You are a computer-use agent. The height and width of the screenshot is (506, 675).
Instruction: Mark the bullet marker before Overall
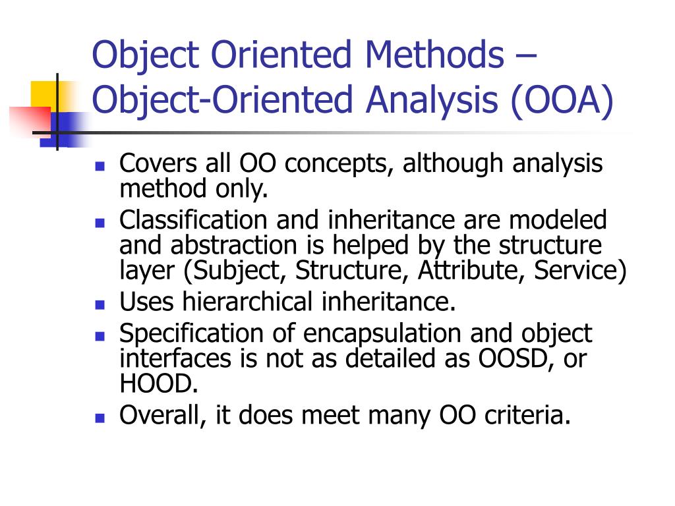(100, 417)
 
